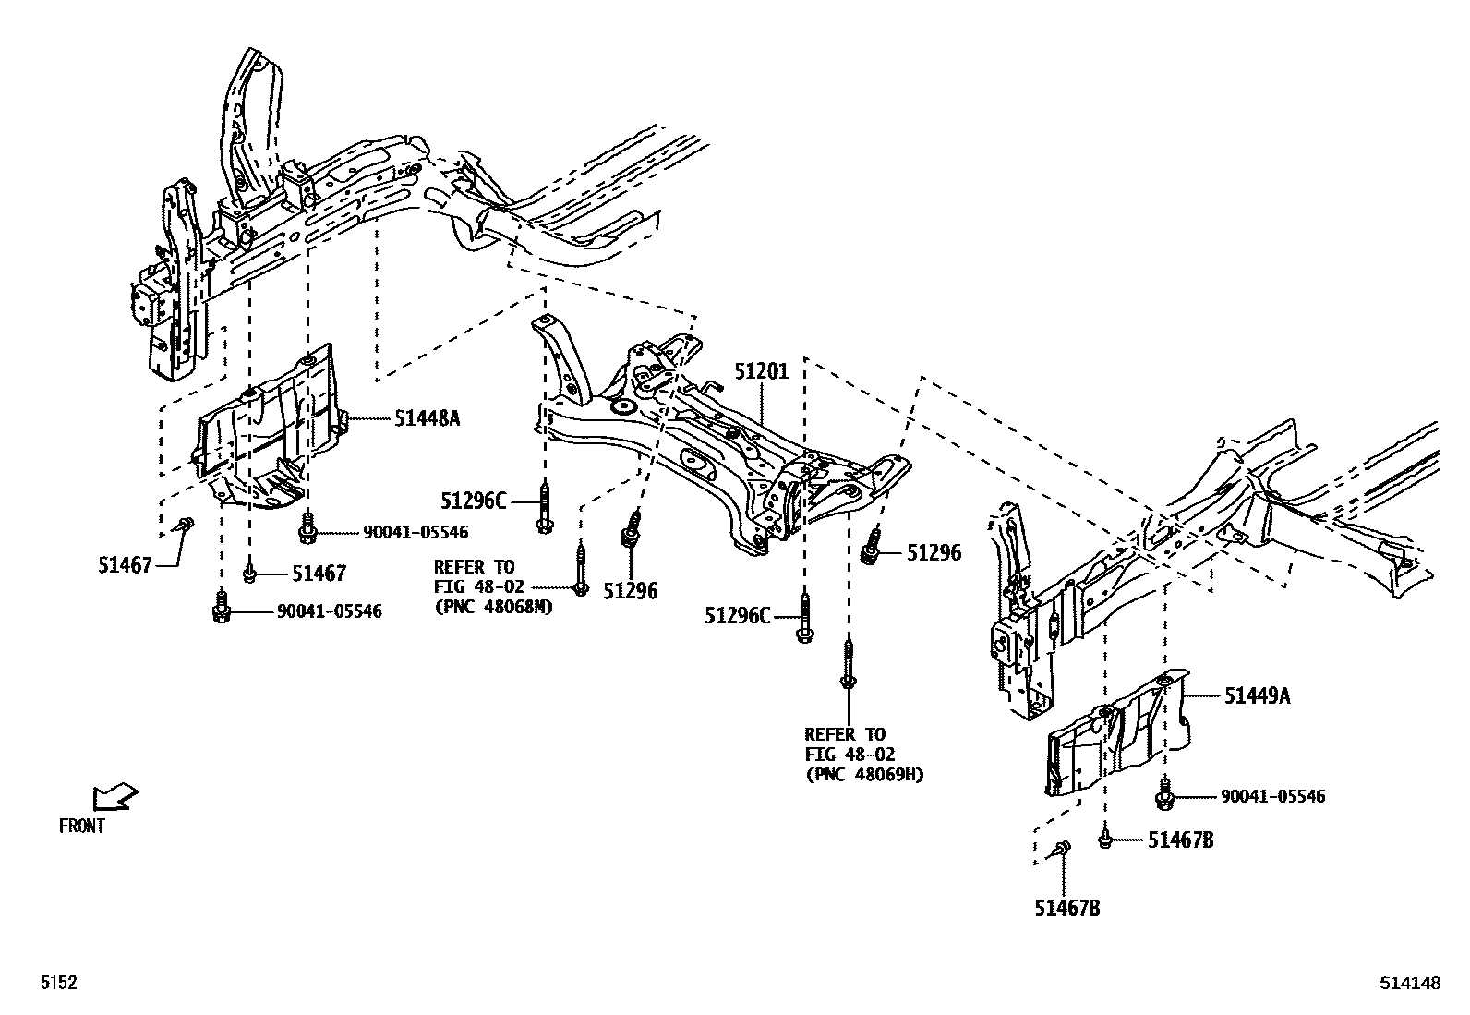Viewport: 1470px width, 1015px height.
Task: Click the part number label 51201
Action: click(x=762, y=372)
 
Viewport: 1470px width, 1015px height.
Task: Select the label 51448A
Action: click(x=427, y=418)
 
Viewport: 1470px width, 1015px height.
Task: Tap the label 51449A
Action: click(x=1258, y=696)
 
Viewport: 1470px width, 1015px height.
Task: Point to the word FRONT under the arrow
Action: click(x=82, y=827)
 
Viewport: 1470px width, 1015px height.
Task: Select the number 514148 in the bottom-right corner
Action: click(x=1410, y=984)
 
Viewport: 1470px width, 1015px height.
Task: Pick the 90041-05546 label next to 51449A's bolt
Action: click(x=1272, y=796)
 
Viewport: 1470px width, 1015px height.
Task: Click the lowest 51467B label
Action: click(x=1066, y=909)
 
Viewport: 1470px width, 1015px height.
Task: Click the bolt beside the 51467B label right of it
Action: click(x=1104, y=839)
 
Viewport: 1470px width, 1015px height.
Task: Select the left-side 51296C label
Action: click(x=473, y=501)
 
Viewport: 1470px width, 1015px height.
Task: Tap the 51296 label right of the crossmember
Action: click(x=934, y=553)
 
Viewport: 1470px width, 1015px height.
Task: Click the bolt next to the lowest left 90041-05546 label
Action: click(x=220, y=610)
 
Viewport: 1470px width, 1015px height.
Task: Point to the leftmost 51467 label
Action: click(x=124, y=565)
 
